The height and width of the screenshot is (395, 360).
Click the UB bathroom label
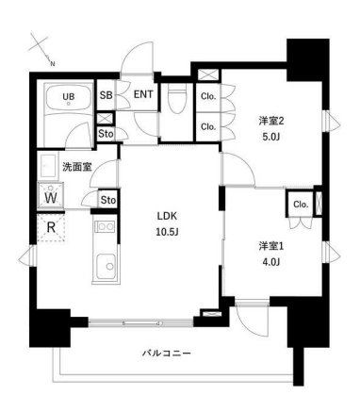point(68,96)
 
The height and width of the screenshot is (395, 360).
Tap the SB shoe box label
point(106,96)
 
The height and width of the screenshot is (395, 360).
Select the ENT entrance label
point(143,95)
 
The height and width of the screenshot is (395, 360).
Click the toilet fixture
point(177,100)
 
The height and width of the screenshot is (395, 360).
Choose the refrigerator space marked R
point(48,227)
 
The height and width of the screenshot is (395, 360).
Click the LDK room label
point(168,214)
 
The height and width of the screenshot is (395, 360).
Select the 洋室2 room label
point(270,120)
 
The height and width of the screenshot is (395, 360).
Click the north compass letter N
point(53,64)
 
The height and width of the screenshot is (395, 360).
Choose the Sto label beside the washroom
point(108,200)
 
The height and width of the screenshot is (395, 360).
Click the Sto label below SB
point(106,133)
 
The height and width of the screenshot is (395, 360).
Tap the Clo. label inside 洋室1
point(301,205)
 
